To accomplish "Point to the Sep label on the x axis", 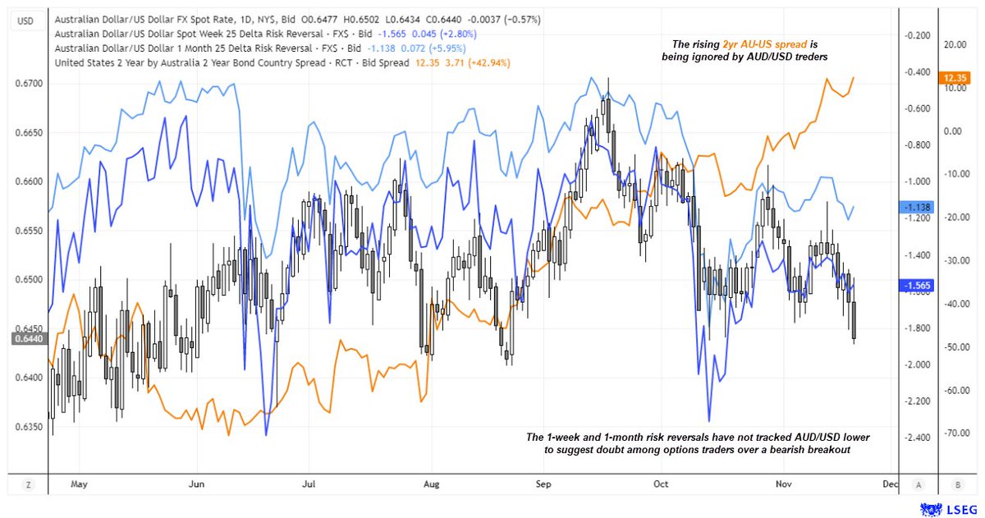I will tap(543, 484).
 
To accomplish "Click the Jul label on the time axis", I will tap(309, 484).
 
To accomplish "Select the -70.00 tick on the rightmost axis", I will tap(954, 432).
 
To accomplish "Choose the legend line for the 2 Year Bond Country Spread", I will tap(230, 62).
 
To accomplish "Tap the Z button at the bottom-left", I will tap(29, 485).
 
